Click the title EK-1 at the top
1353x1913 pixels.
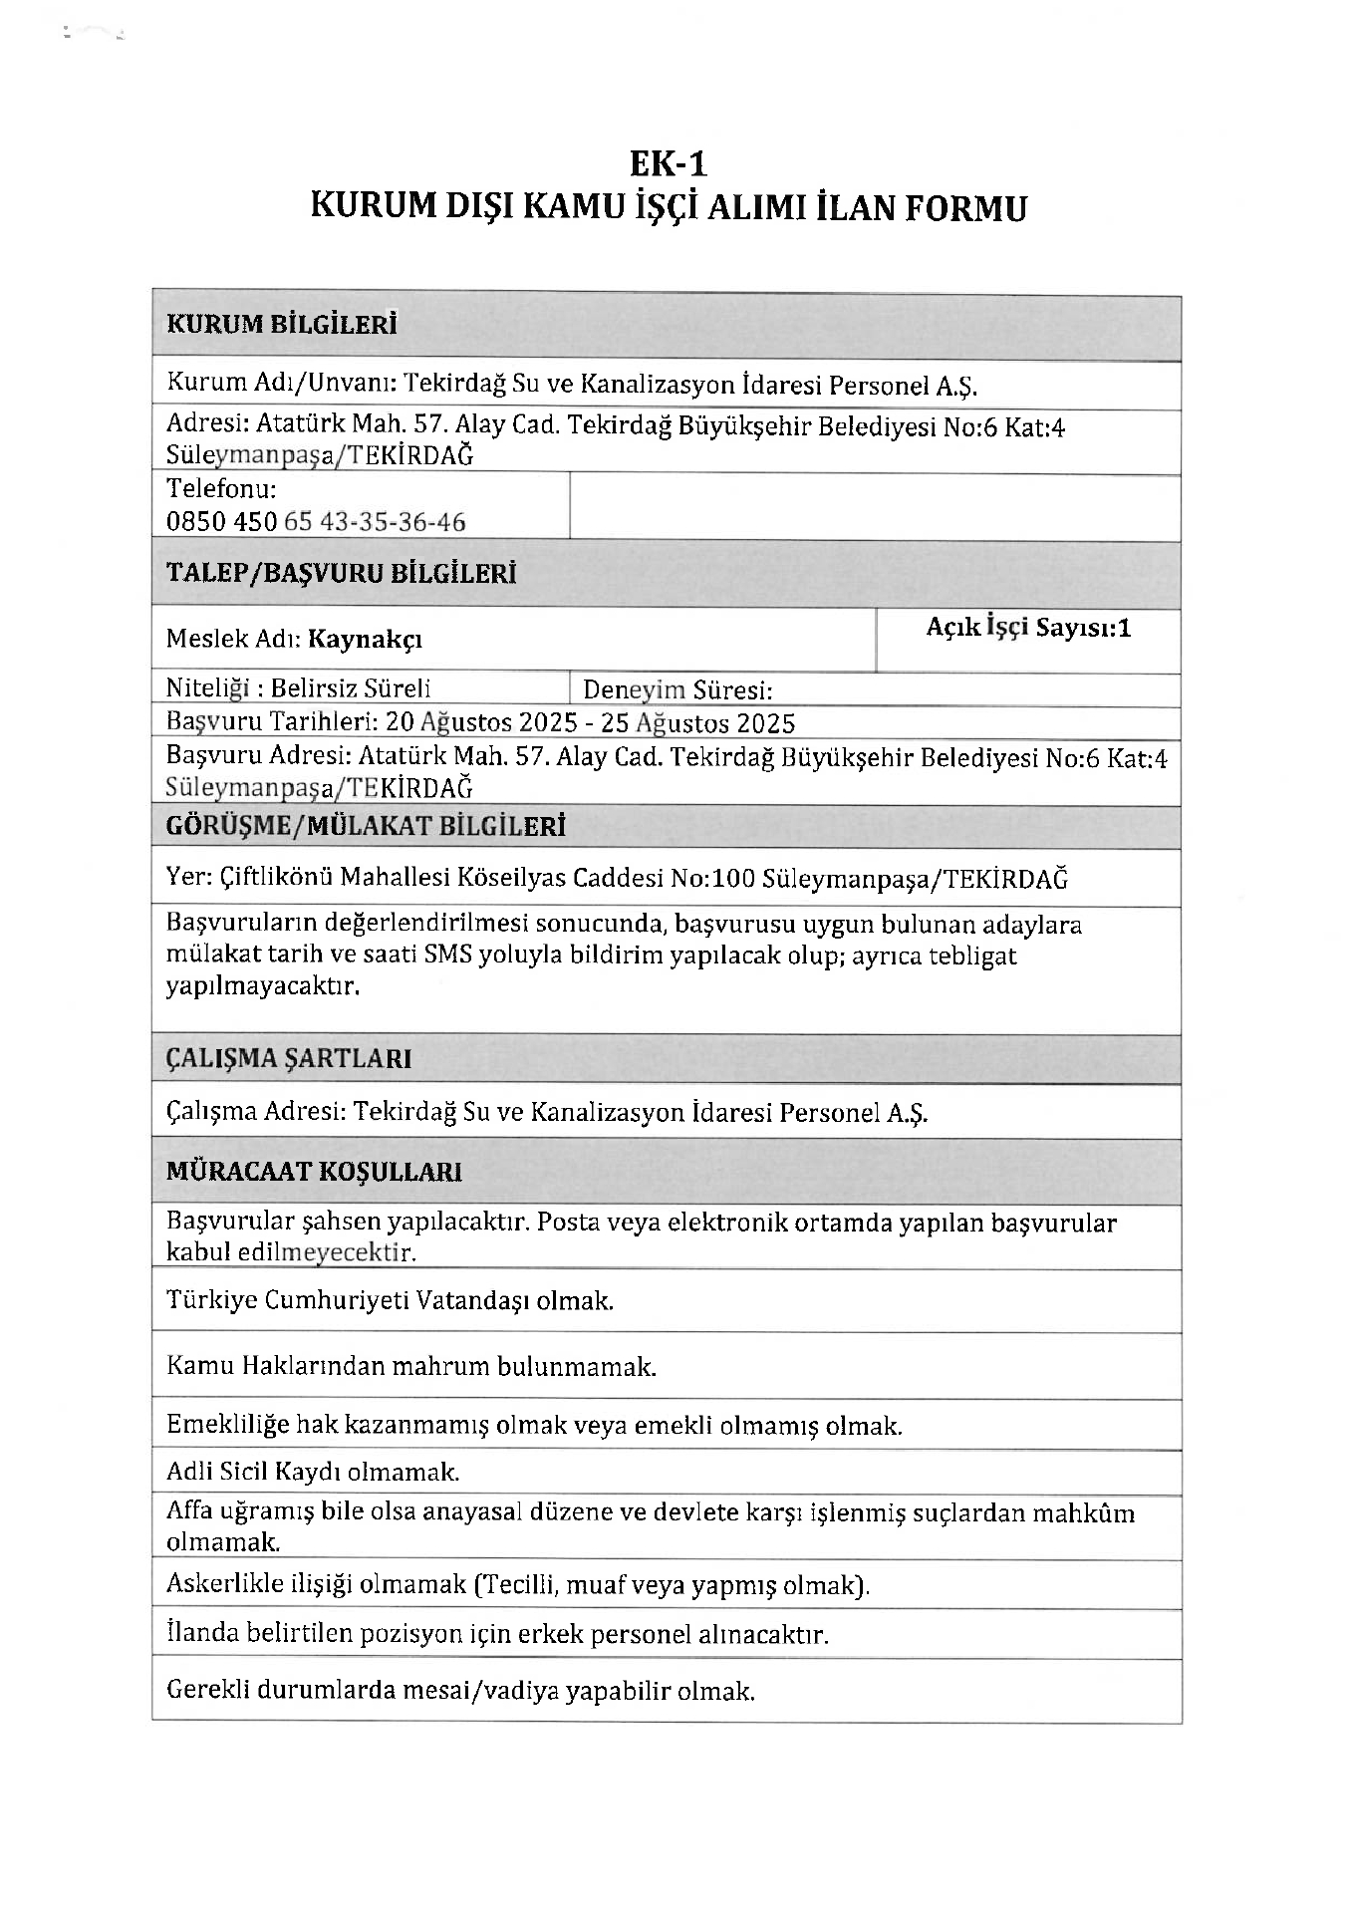tap(668, 162)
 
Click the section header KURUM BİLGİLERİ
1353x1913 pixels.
tap(281, 325)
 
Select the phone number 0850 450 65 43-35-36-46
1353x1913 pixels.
tap(316, 522)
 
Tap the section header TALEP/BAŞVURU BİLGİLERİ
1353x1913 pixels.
tap(341, 574)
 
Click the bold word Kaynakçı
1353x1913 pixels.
tap(365, 639)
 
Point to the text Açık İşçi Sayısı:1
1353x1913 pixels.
tap(1028, 628)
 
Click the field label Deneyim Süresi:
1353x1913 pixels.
tap(677, 690)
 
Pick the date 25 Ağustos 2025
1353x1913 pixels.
tap(697, 722)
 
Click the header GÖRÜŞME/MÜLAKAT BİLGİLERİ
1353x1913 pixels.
tap(366, 826)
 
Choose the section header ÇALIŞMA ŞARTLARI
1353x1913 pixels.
tap(289, 1058)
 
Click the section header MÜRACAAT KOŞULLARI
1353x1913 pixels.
tap(314, 1172)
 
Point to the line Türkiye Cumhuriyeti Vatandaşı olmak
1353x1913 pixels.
tap(390, 1300)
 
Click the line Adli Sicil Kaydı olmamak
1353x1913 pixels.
tap(313, 1472)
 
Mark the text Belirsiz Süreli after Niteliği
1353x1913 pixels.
tap(351, 688)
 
